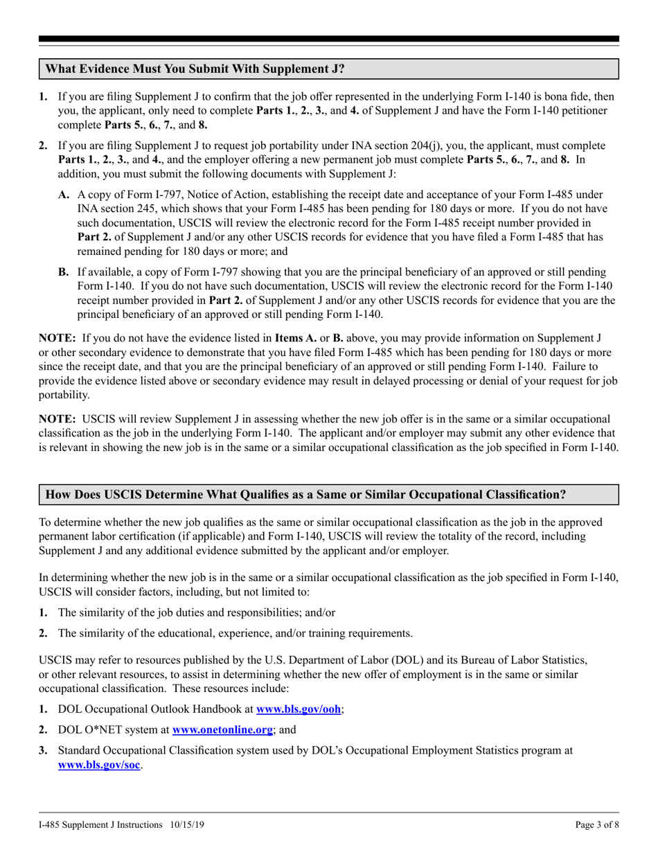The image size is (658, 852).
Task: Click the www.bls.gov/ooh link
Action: point(299,709)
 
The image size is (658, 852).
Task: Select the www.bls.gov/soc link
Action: point(99,765)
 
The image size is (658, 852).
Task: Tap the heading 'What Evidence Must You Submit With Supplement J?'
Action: point(195,69)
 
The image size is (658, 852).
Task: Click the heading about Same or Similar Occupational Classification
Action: point(305,495)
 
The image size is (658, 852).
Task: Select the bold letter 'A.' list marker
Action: point(64,195)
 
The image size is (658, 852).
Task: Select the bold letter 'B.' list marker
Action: point(64,272)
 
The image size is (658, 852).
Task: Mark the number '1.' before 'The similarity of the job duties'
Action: point(43,612)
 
